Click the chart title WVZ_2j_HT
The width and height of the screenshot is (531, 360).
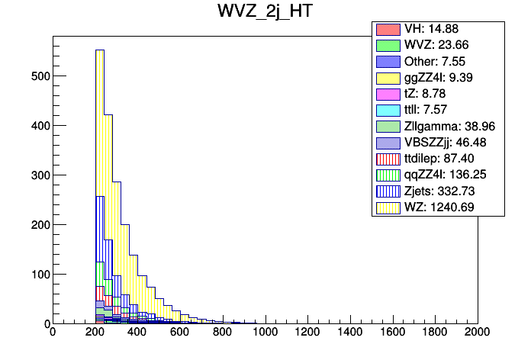[265, 13]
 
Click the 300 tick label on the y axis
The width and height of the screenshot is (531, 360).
[35, 175]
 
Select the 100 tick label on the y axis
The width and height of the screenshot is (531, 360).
[35, 275]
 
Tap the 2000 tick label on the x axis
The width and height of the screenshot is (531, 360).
[478, 333]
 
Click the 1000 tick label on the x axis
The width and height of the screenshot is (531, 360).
[265, 333]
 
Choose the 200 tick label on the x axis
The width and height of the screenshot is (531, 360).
[95, 333]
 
